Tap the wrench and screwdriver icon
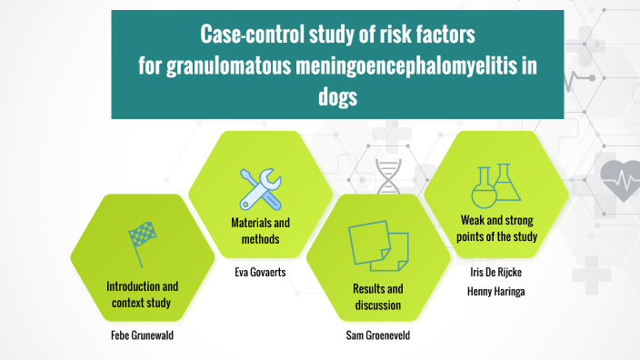(259, 188)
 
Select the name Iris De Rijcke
(495, 271)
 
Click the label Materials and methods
(259, 230)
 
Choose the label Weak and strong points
(495, 229)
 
